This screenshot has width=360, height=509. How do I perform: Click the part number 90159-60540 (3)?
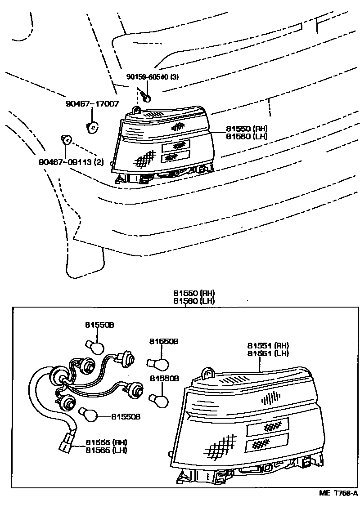pos(152,77)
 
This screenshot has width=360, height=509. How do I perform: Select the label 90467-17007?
pos(92,104)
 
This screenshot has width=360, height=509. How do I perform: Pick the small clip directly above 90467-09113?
pos(66,140)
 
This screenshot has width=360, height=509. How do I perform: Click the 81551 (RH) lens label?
pos(268,345)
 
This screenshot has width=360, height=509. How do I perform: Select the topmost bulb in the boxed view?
pos(95,347)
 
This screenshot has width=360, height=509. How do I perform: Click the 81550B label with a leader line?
pos(126,417)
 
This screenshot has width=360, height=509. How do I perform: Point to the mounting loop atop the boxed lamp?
pos(208,372)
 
